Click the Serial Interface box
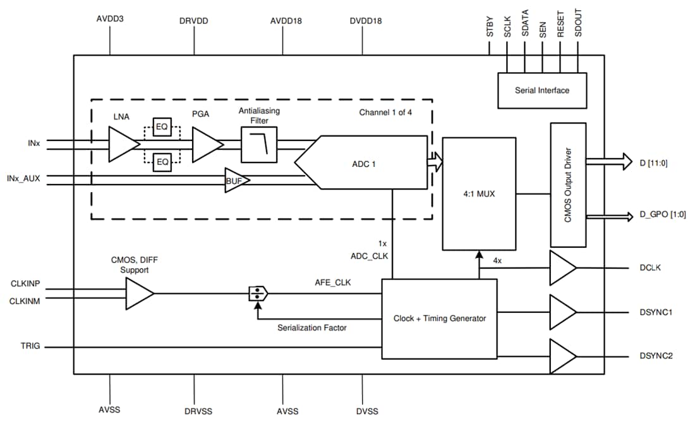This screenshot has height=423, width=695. click(541, 90)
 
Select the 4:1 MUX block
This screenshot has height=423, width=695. click(478, 193)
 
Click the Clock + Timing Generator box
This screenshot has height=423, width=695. click(439, 319)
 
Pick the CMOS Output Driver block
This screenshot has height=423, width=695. click(568, 185)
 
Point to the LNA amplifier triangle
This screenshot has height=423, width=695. click(123, 144)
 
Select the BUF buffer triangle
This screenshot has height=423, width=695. click(236, 180)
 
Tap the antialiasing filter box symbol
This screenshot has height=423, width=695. click(259, 144)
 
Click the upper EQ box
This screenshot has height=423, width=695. click(162, 126)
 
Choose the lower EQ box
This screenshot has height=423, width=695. click(162, 162)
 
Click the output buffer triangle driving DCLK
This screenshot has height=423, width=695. click(562, 267)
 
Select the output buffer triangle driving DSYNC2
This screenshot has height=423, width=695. click(562, 356)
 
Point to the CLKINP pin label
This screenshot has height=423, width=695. click(26, 284)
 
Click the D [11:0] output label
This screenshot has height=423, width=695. click(654, 162)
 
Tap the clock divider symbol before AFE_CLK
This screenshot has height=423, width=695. click(258, 293)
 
